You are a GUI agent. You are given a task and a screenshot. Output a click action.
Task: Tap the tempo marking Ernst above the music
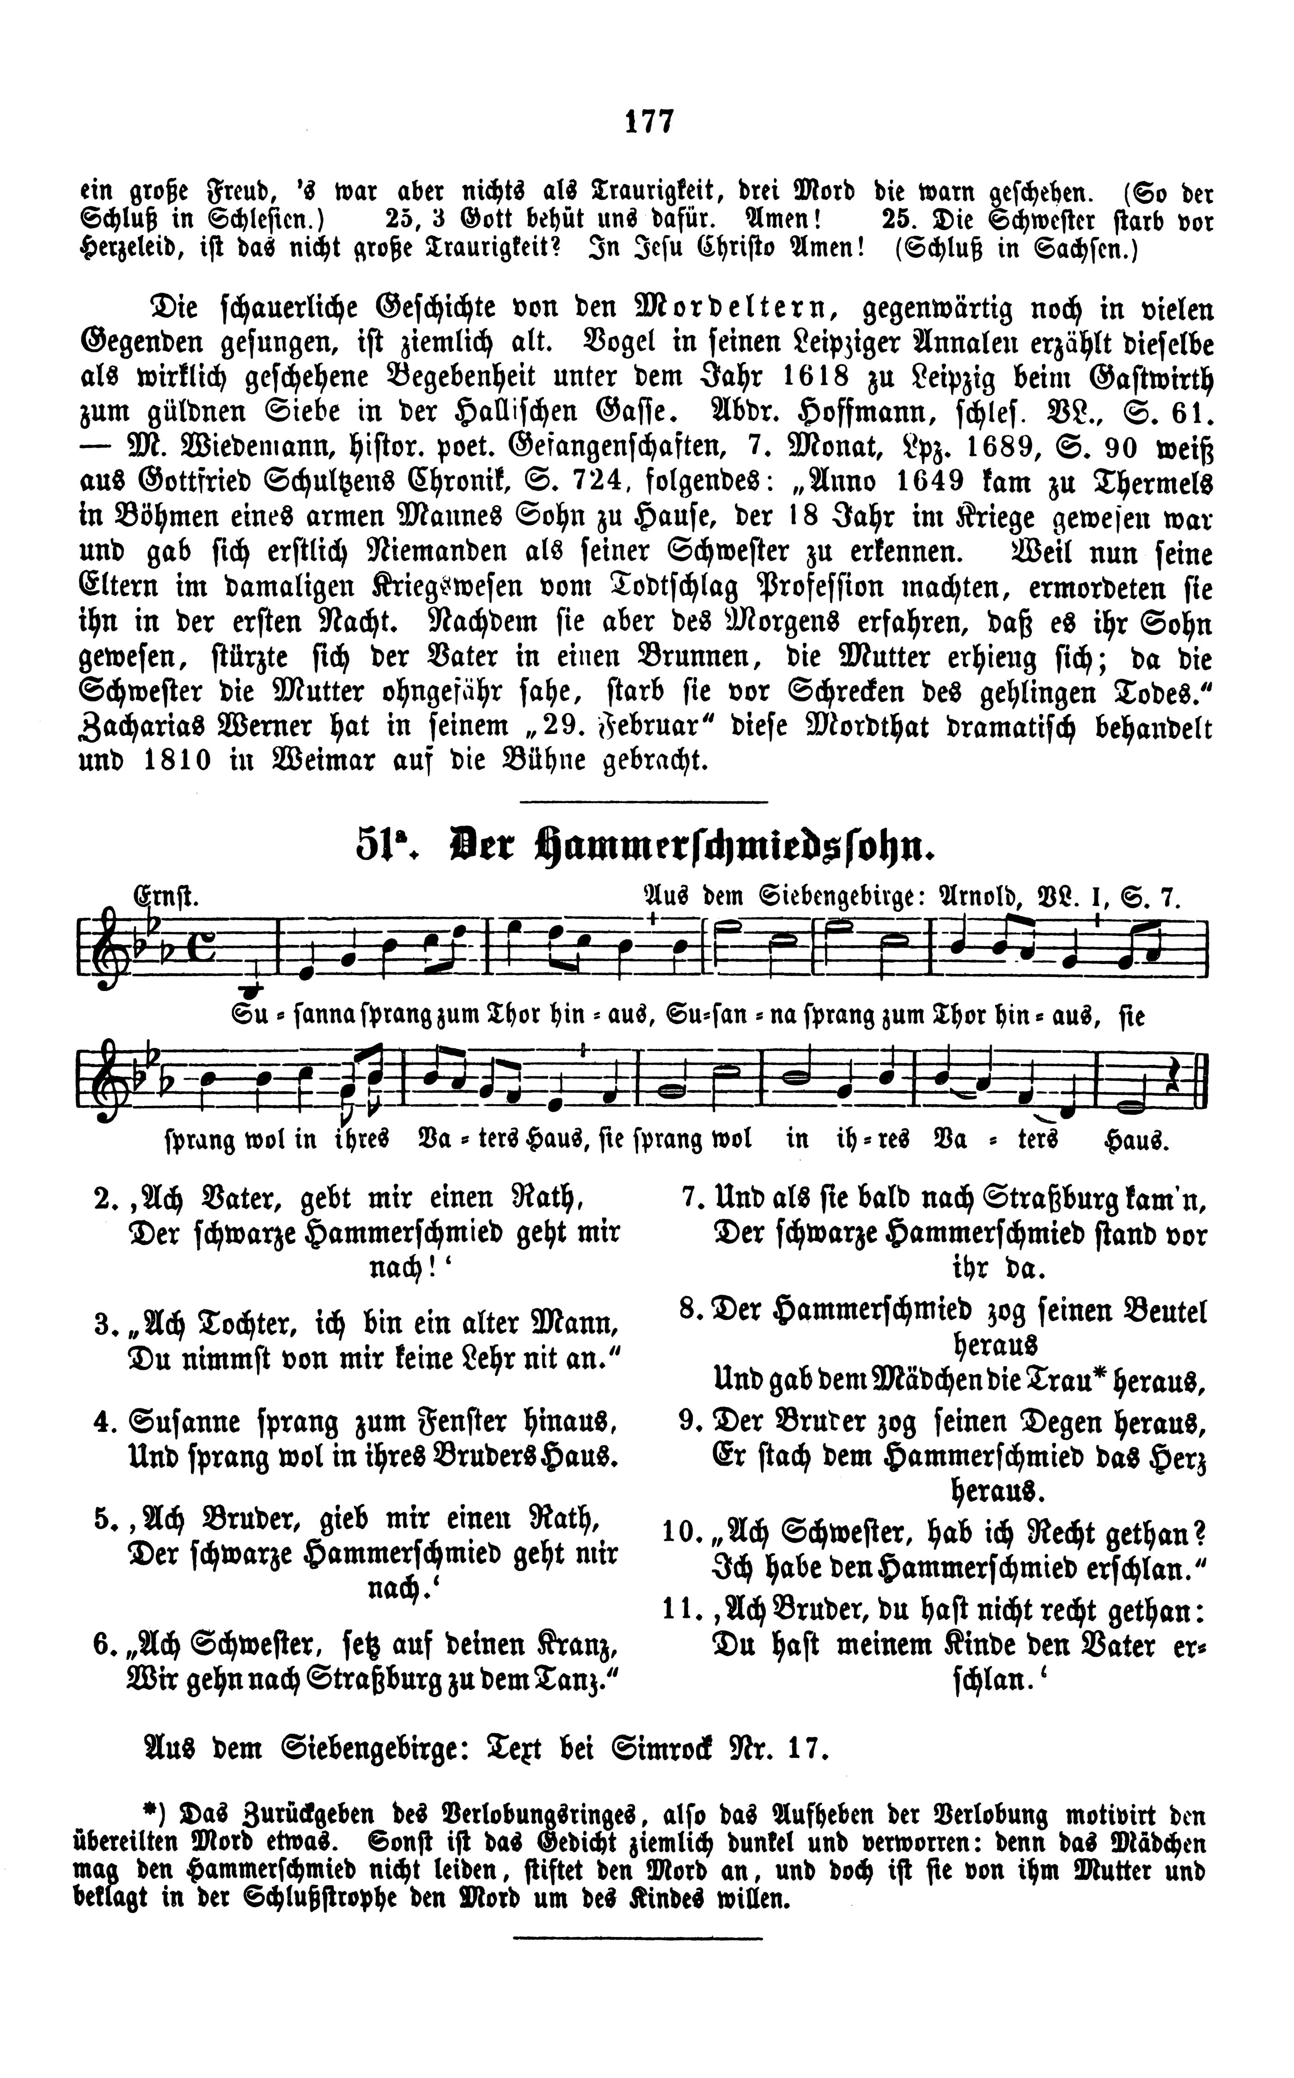(165, 897)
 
